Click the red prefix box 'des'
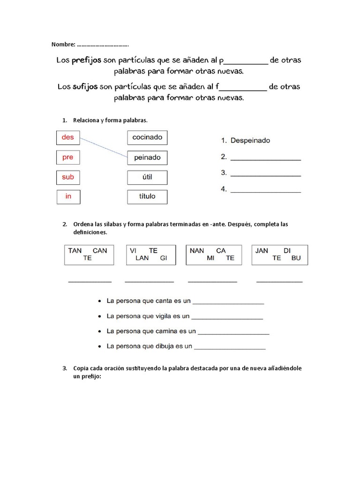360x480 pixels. (x=68, y=138)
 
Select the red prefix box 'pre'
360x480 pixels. (x=68, y=157)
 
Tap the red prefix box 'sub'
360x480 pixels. (x=68, y=177)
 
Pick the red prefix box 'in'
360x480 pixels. (x=68, y=196)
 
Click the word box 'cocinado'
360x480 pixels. (x=147, y=137)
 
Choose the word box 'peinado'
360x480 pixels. (x=147, y=157)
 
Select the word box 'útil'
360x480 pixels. (x=147, y=177)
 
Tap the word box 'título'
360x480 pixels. (x=147, y=196)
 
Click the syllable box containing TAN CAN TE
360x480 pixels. (x=89, y=255)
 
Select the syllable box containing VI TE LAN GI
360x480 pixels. (x=150, y=255)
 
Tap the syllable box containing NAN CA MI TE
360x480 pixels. (x=214, y=255)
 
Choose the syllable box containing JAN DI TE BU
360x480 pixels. (x=280, y=255)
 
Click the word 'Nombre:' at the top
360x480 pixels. (x=63, y=45)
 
